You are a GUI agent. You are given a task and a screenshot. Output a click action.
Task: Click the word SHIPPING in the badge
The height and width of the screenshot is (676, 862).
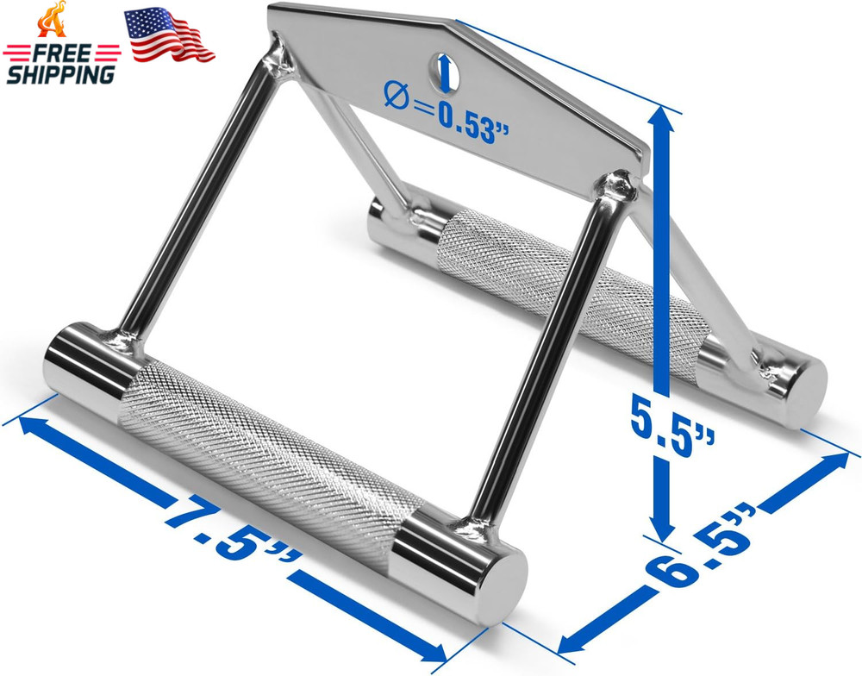pos(59,74)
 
